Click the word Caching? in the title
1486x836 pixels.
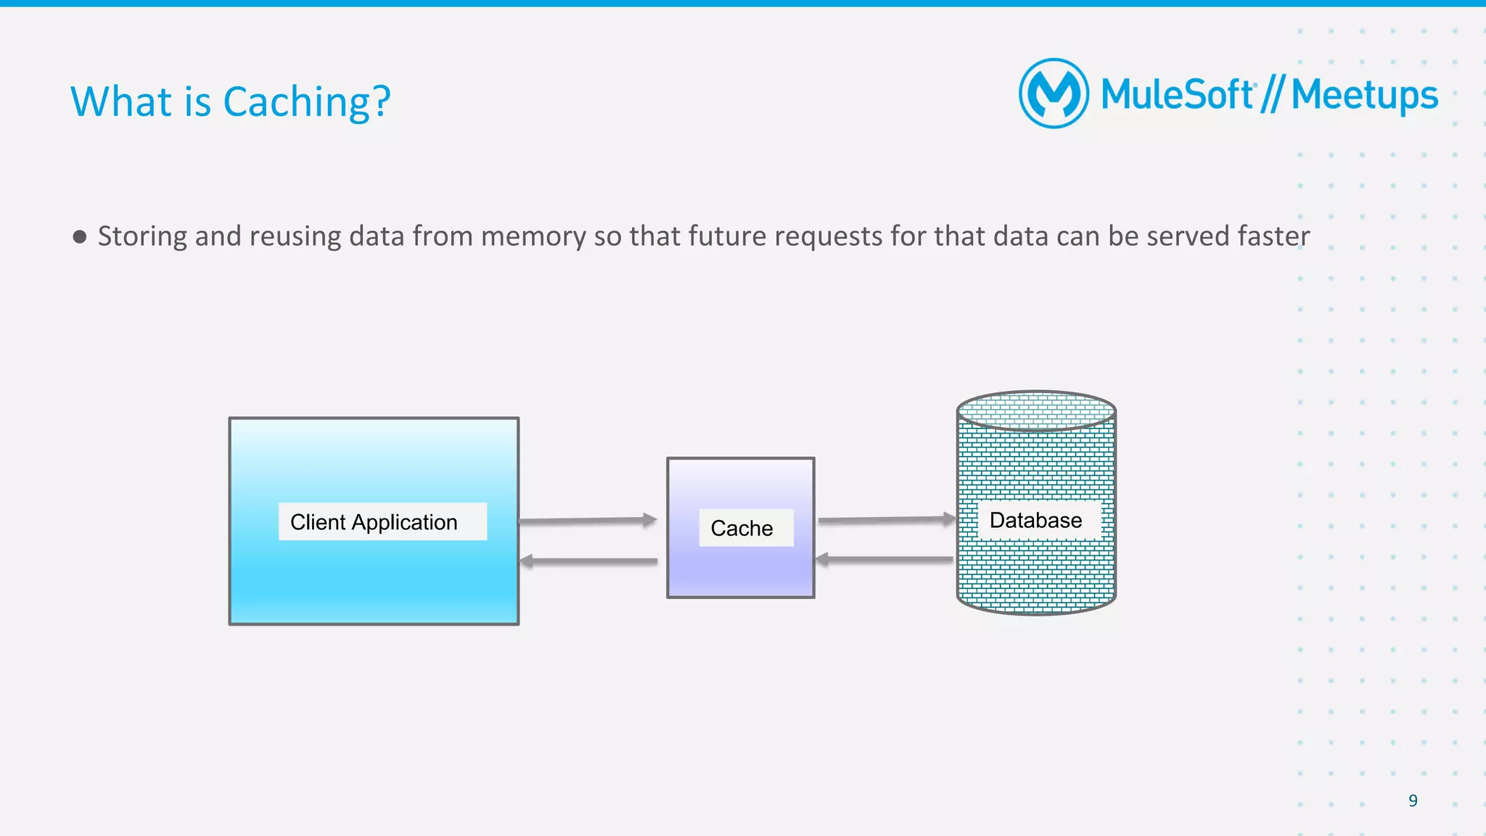pyautogui.click(x=306, y=102)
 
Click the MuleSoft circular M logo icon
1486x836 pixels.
pyautogui.click(x=1054, y=94)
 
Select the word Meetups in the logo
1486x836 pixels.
pyautogui.click(x=1364, y=96)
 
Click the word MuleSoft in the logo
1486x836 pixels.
pyautogui.click(x=1177, y=95)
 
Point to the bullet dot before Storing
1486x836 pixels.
pyautogui.click(x=80, y=237)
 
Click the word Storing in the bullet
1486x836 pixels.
pyautogui.click(x=142, y=236)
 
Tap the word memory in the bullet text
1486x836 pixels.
pyautogui.click(x=533, y=236)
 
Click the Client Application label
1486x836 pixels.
pyautogui.click(x=374, y=522)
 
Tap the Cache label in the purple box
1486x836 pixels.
pyautogui.click(x=742, y=528)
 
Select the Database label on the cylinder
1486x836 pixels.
pyautogui.click(x=1035, y=520)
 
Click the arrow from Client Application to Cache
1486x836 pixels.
pyautogui.click(x=588, y=521)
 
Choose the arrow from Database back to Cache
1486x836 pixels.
pyautogui.click(x=885, y=559)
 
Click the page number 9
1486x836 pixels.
pyautogui.click(x=1413, y=800)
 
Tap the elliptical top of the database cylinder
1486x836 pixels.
pyautogui.click(x=1036, y=411)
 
